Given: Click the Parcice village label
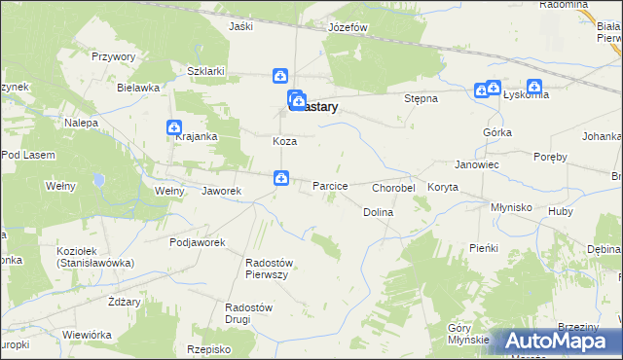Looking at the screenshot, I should [330, 185].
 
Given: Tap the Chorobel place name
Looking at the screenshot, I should [394, 187].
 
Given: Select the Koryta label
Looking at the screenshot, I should [442, 187].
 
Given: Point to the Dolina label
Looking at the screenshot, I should [378, 211].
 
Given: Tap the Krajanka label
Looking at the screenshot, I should [196, 137].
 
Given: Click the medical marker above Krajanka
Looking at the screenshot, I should [174, 127].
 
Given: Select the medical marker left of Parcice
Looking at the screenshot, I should [280, 178].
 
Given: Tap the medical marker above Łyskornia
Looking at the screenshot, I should [534, 87].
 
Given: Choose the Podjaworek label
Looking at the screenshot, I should [198, 242].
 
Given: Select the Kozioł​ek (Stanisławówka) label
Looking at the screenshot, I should [95, 257].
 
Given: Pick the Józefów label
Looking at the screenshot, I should [348, 27].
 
